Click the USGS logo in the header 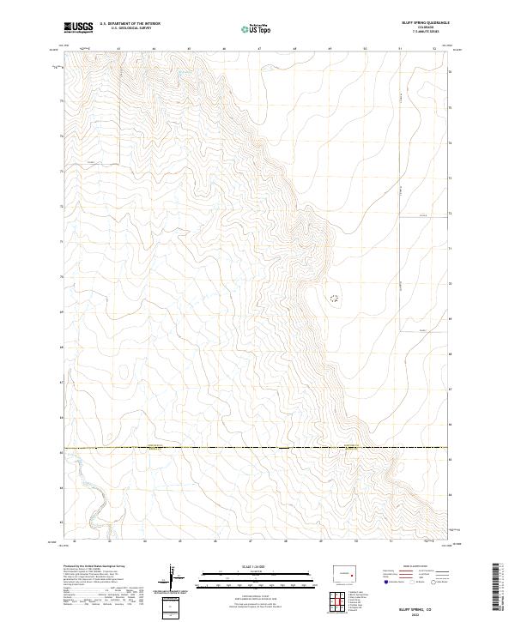click(78, 27)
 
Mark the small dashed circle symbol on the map click(334, 299)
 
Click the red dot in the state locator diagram click(352, 575)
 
